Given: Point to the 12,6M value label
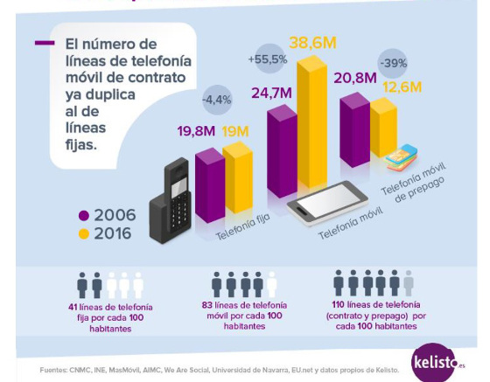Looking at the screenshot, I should [x=402, y=87].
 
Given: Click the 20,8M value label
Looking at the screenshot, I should [x=355, y=79].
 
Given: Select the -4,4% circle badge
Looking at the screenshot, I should [x=216, y=99].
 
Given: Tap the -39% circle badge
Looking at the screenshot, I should [x=392, y=63].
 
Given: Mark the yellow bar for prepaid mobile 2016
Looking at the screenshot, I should [x=383, y=127].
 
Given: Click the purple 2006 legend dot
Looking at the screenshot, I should [x=84, y=215].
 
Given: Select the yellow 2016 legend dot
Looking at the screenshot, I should [x=84, y=233].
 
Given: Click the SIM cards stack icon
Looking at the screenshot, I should [x=401, y=157].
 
